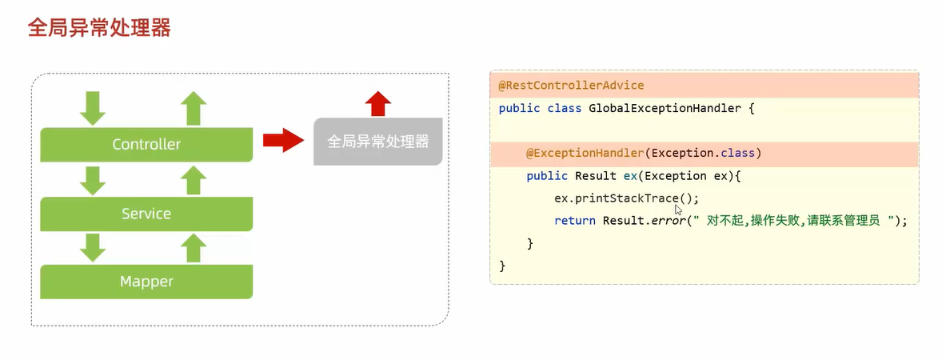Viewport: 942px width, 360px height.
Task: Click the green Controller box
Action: pos(146,145)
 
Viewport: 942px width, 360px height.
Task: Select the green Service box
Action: pos(146,214)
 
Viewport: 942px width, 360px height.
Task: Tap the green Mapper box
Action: pos(146,282)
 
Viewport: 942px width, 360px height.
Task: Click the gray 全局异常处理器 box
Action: pos(378,142)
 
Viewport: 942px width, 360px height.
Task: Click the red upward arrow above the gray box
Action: pos(377,104)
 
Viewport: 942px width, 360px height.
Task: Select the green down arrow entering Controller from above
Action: pos(93,108)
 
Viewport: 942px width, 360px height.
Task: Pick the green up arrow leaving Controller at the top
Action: pos(193,108)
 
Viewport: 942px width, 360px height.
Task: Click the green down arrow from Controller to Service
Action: pos(93,180)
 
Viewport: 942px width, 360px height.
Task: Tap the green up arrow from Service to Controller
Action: pos(193,180)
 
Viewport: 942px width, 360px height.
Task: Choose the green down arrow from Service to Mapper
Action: pos(93,247)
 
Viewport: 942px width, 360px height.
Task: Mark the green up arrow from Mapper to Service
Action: pos(193,247)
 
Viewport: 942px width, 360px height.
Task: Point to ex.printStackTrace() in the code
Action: pos(626,198)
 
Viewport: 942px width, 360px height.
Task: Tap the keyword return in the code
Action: pos(574,220)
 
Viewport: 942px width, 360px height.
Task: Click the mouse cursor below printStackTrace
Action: pos(678,210)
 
